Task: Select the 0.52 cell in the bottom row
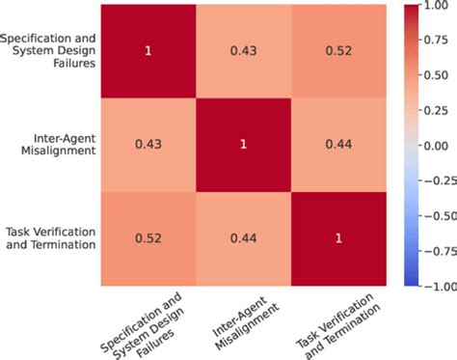pyautogui.click(x=148, y=238)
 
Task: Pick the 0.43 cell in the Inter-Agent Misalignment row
pyautogui.click(x=148, y=146)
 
